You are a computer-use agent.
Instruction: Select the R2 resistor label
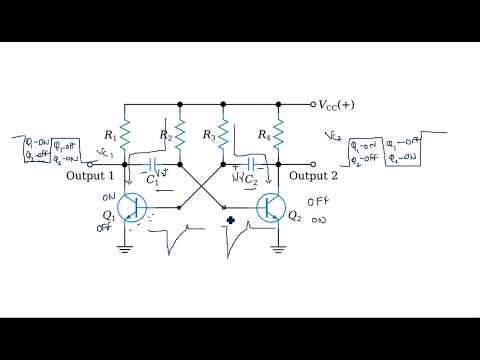[166, 135]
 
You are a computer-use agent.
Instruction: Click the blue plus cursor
[230, 221]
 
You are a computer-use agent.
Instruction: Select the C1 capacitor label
[153, 181]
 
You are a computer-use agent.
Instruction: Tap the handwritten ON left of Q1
[109, 199]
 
